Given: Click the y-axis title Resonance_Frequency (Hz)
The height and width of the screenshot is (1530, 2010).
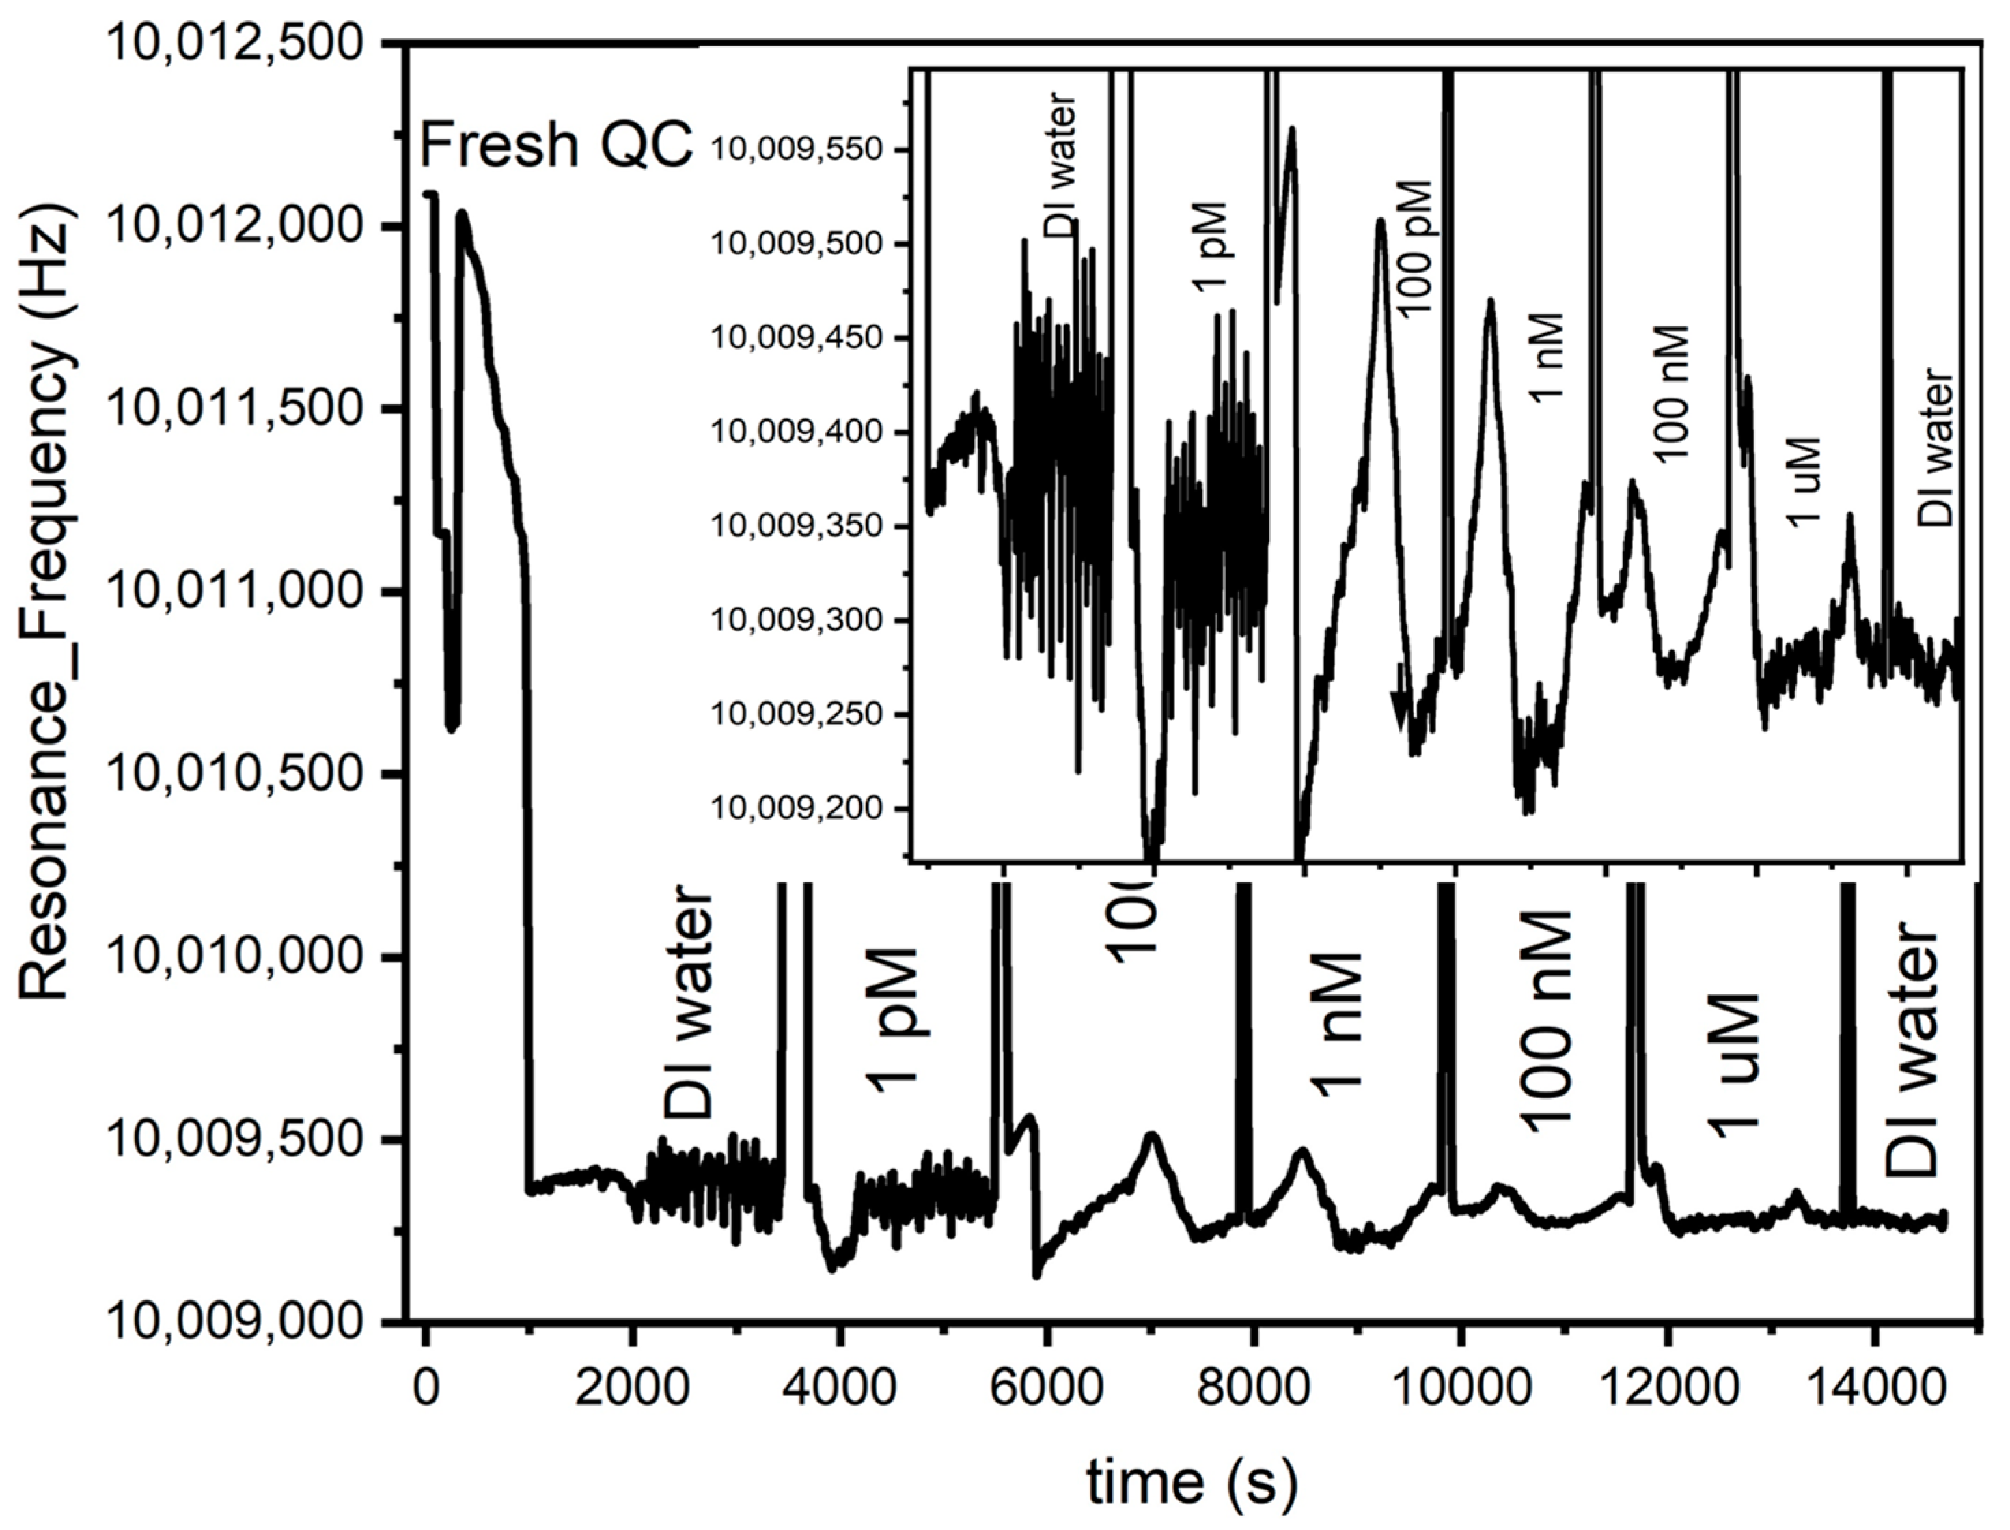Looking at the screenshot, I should tap(46, 601).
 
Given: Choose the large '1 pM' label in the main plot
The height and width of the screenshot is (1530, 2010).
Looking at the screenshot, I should tap(892, 1020).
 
